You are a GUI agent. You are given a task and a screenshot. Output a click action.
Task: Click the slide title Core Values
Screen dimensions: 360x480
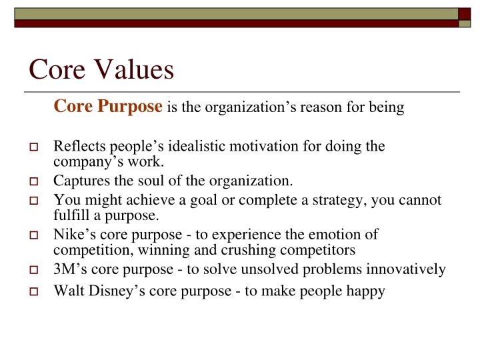click(x=101, y=69)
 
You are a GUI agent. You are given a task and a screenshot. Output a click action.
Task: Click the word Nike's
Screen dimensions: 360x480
click(x=72, y=234)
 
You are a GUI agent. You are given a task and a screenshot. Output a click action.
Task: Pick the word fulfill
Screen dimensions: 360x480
click(x=70, y=215)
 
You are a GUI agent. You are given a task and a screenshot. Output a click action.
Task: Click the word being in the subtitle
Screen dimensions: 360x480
click(x=388, y=108)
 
